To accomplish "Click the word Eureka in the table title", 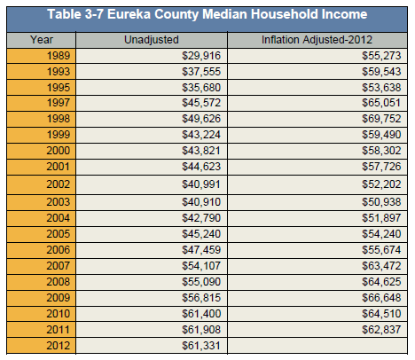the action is coord(129,14).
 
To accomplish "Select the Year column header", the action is coord(42,40).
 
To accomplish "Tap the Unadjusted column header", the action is coord(152,40).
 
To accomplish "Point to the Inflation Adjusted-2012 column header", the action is coord(317,40).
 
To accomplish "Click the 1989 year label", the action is coord(59,56).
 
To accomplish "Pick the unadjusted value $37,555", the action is coord(201,72).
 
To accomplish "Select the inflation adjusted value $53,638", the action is coord(381,88).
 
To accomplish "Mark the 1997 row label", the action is coord(59,103).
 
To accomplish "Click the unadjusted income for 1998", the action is coord(201,119).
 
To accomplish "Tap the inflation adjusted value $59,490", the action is coord(381,135).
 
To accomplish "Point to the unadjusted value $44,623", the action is coord(201,167).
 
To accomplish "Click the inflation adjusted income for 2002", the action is coord(381,184).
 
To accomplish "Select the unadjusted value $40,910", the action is coord(201,202).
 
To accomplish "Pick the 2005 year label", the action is coord(59,234).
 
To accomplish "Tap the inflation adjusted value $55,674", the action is coord(381,250).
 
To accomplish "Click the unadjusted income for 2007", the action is coord(201,266).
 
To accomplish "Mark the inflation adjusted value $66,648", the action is coord(381,298).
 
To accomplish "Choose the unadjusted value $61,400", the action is coord(201,314).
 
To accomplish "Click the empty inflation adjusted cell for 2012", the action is coord(317,346).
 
